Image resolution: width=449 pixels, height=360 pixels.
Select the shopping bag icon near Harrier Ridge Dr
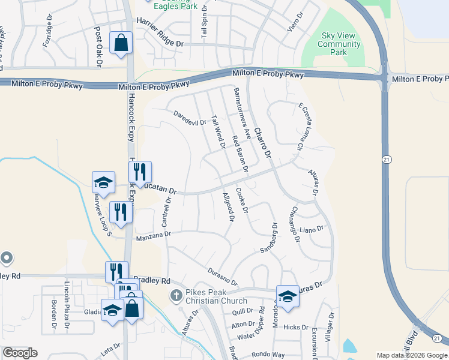[x=121, y=43]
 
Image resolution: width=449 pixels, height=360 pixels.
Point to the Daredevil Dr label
[x=190, y=118]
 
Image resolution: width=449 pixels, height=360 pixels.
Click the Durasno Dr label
[x=223, y=277]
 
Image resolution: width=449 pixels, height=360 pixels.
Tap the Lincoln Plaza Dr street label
[x=68, y=299]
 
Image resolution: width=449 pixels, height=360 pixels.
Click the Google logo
[x=20, y=353]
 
